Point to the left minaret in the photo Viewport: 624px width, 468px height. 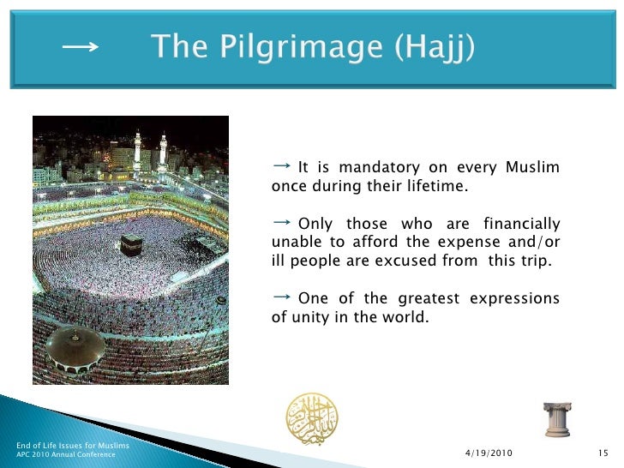(137, 150)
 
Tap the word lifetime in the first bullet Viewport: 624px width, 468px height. (438, 187)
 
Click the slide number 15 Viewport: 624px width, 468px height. (601, 453)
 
